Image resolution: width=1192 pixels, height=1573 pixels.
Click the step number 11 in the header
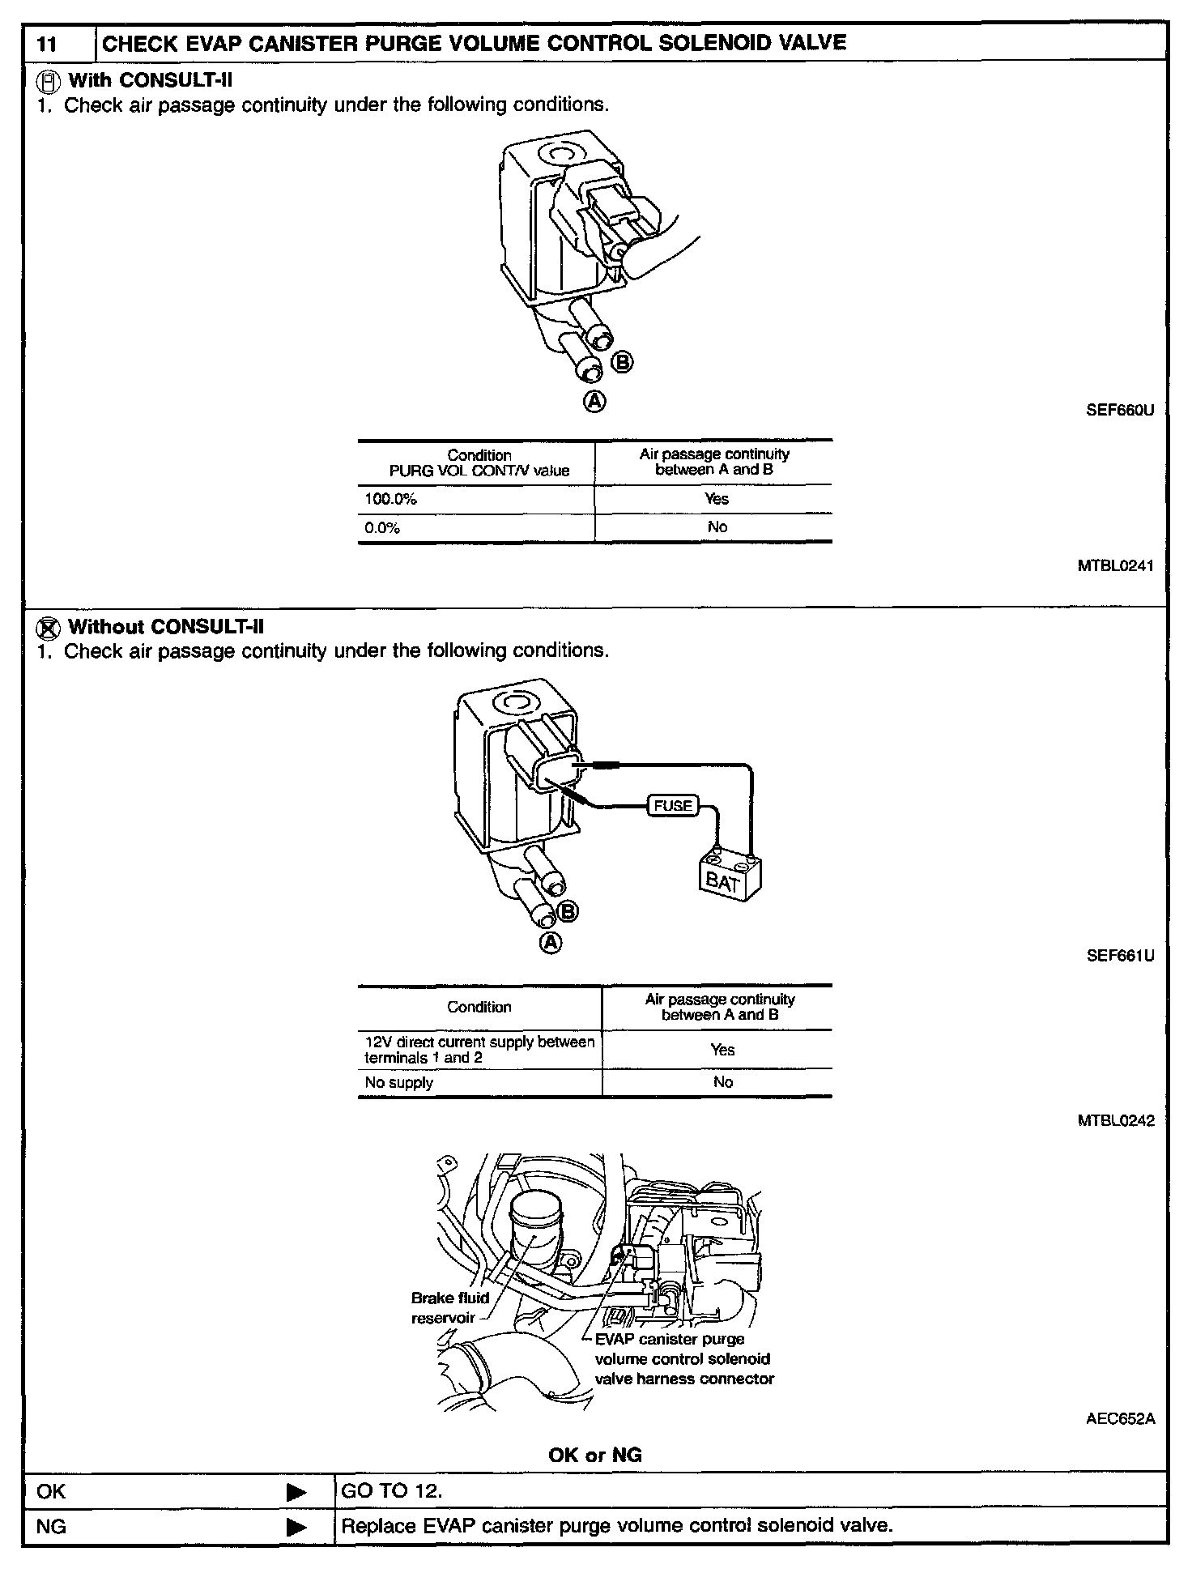point(47,44)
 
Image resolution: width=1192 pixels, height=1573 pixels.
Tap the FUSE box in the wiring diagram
point(672,806)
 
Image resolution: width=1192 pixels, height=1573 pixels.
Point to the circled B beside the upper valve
point(622,363)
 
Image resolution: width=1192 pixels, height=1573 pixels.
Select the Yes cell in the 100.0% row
point(716,499)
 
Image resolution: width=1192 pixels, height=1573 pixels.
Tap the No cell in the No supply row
point(722,1082)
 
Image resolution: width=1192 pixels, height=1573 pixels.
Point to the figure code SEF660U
point(1120,410)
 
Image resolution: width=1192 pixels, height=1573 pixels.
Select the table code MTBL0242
point(1116,1121)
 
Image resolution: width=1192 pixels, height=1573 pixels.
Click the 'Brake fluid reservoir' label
point(449,1307)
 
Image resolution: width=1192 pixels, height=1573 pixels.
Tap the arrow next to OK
point(297,1492)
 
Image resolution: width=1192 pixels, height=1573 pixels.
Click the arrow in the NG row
point(297,1528)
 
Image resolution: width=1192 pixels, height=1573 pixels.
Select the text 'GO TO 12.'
point(392,1491)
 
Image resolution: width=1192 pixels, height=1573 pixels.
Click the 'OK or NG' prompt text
point(595,1455)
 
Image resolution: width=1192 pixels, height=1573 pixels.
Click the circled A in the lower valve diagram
point(551,942)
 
